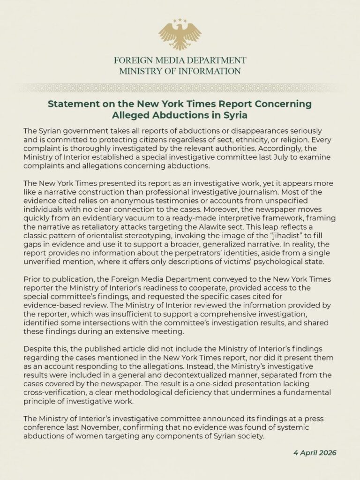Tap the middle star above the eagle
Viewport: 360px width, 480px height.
pos(180,20)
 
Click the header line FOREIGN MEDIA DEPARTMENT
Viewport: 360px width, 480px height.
pos(180,60)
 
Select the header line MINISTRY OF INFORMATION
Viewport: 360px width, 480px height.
pos(180,71)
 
